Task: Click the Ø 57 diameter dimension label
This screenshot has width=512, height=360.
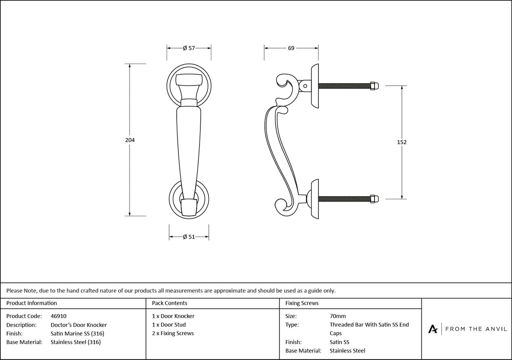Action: coord(189,48)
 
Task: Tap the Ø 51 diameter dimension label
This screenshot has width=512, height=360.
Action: coord(189,237)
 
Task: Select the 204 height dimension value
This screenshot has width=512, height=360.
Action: coord(130,140)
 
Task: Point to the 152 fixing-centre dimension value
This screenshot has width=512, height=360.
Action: coord(402,142)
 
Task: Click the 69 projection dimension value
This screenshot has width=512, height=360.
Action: coord(291,48)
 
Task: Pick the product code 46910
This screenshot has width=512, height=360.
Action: coord(58,316)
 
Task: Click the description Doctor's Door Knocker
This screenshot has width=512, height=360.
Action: coord(78,325)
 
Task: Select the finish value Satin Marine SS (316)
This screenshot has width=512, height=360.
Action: coord(77,333)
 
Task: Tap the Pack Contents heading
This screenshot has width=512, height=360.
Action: coord(170,303)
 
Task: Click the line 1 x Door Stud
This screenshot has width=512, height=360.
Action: coord(169,325)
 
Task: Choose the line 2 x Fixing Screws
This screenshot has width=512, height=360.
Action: coord(173,333)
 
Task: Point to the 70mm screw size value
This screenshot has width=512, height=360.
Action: coord(337,316)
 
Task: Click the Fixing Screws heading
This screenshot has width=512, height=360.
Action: coord(302,303)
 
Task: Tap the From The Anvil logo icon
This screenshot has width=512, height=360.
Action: coord(433,329)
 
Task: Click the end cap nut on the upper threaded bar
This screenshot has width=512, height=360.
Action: coord(374,86)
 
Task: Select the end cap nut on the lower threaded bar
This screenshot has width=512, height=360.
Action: coord(374,199)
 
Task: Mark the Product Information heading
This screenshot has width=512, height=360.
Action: coord(32,303)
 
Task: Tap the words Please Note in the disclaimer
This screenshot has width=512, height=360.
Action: coord(21,290)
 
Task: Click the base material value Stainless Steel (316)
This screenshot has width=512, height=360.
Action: coord(75,342)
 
